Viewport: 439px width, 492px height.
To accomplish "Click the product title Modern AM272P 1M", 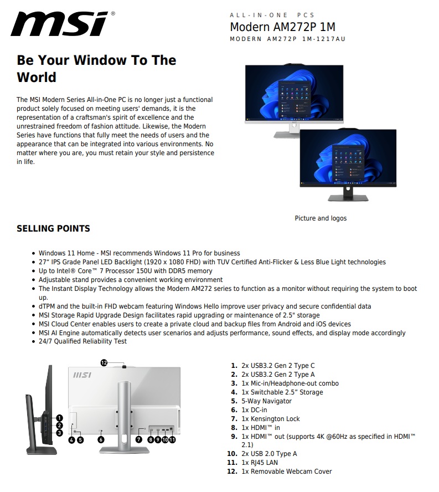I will (x=282, y=27).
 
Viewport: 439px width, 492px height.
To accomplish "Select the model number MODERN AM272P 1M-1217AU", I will (x=287, y=39).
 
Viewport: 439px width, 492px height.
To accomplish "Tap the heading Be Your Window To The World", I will (x=96, y=68).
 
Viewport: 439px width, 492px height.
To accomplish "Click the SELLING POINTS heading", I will (x=53, y=228).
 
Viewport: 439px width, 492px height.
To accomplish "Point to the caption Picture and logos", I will (x=321, y=218).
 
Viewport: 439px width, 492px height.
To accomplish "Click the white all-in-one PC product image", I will (x=294, y=97).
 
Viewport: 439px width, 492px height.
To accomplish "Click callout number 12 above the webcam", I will (x=104, y=362).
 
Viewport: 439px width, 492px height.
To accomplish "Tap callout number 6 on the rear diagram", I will (x=101, y=439).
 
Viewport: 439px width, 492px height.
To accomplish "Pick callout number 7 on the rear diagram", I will (x=139, y=439).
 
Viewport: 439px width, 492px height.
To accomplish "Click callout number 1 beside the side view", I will (x=59, y=418).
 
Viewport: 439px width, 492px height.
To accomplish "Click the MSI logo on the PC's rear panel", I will (x=82, y=376).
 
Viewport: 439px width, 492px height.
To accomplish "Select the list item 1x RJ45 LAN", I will (x=259, y=463).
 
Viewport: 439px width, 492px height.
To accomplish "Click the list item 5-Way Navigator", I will (x=266, y=401).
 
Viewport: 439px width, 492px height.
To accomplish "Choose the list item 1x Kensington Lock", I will (x=270, y=419).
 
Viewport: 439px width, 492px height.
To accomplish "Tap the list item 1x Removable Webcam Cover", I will (x=286, y=471).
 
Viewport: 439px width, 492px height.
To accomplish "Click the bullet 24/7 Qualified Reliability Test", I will (x=82, y=341).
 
